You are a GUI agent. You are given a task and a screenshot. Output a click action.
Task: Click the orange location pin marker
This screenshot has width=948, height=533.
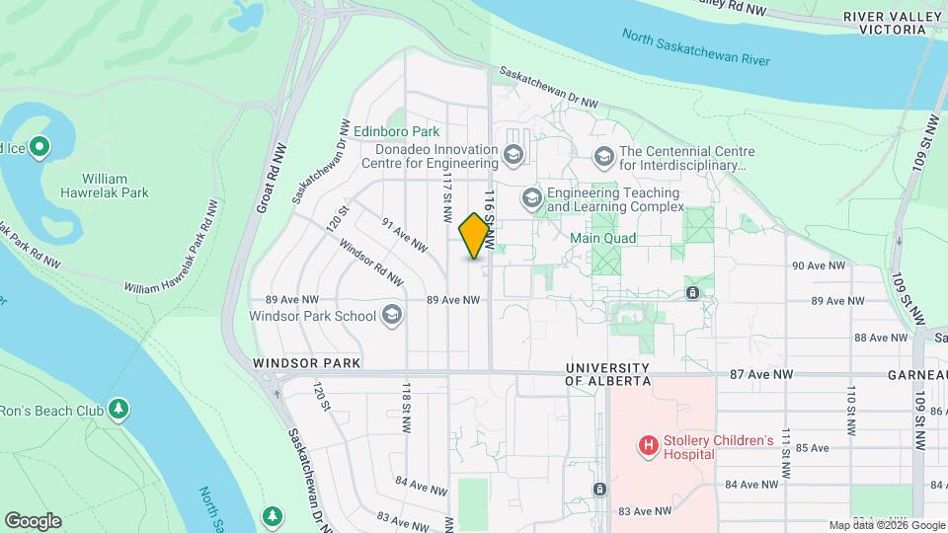pyautogui.click(x=475, y=235)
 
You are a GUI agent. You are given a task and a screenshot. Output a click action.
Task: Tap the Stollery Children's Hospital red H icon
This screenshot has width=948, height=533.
pyautogui.click(x=649, y=447)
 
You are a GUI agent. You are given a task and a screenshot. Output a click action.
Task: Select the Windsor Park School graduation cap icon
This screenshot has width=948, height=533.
pyautogui.click(x=392, y=315)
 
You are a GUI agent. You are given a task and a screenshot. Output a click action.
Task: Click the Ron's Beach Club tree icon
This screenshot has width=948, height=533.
pyautogui.click(x=118, y=409)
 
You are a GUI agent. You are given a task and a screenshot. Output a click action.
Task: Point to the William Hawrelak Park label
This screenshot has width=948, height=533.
pyautogui.click(x=103, y=186)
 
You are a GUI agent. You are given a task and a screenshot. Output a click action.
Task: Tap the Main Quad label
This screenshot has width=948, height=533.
pyautogui.click(x=602, y=238)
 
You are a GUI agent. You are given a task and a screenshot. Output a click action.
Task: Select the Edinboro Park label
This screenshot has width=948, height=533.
pyautogui.click(x=396, y=131)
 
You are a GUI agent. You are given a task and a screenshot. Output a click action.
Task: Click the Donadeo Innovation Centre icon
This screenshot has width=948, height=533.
pyautogui.click(x=513, y=154)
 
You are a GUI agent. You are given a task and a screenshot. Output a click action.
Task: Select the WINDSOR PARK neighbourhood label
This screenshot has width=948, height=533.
pyautogui.click(x=306, y=363)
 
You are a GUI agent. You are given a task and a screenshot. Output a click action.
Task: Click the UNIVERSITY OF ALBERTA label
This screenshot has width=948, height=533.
pyautogui.click(x=607, y=373)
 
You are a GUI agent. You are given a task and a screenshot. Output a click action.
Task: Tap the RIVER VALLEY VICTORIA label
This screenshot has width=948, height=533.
pyautogui.click(x=885, y=23)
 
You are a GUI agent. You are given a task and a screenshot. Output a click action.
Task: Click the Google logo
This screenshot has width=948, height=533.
pyautogui.click(x=33, y=520)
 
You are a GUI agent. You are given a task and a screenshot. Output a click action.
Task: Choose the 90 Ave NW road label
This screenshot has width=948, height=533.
pyautogui.click(x=820, y=266)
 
